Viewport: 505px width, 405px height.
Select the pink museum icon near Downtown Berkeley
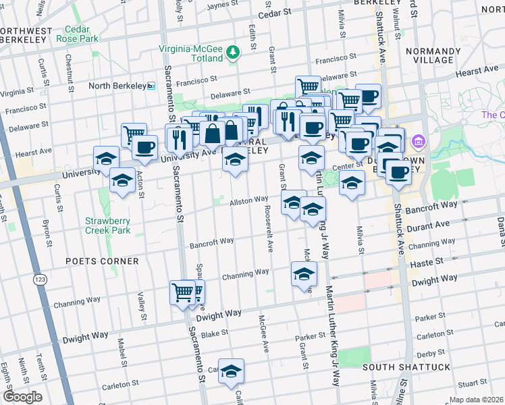[x=417, y=142]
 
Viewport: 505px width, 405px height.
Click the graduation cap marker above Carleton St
[x=231, y=371]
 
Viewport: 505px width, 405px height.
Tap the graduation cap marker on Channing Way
[x=304, y=274]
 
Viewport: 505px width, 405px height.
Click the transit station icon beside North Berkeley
[x=151, y=86]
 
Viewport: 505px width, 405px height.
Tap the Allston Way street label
[x=249, y=200]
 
